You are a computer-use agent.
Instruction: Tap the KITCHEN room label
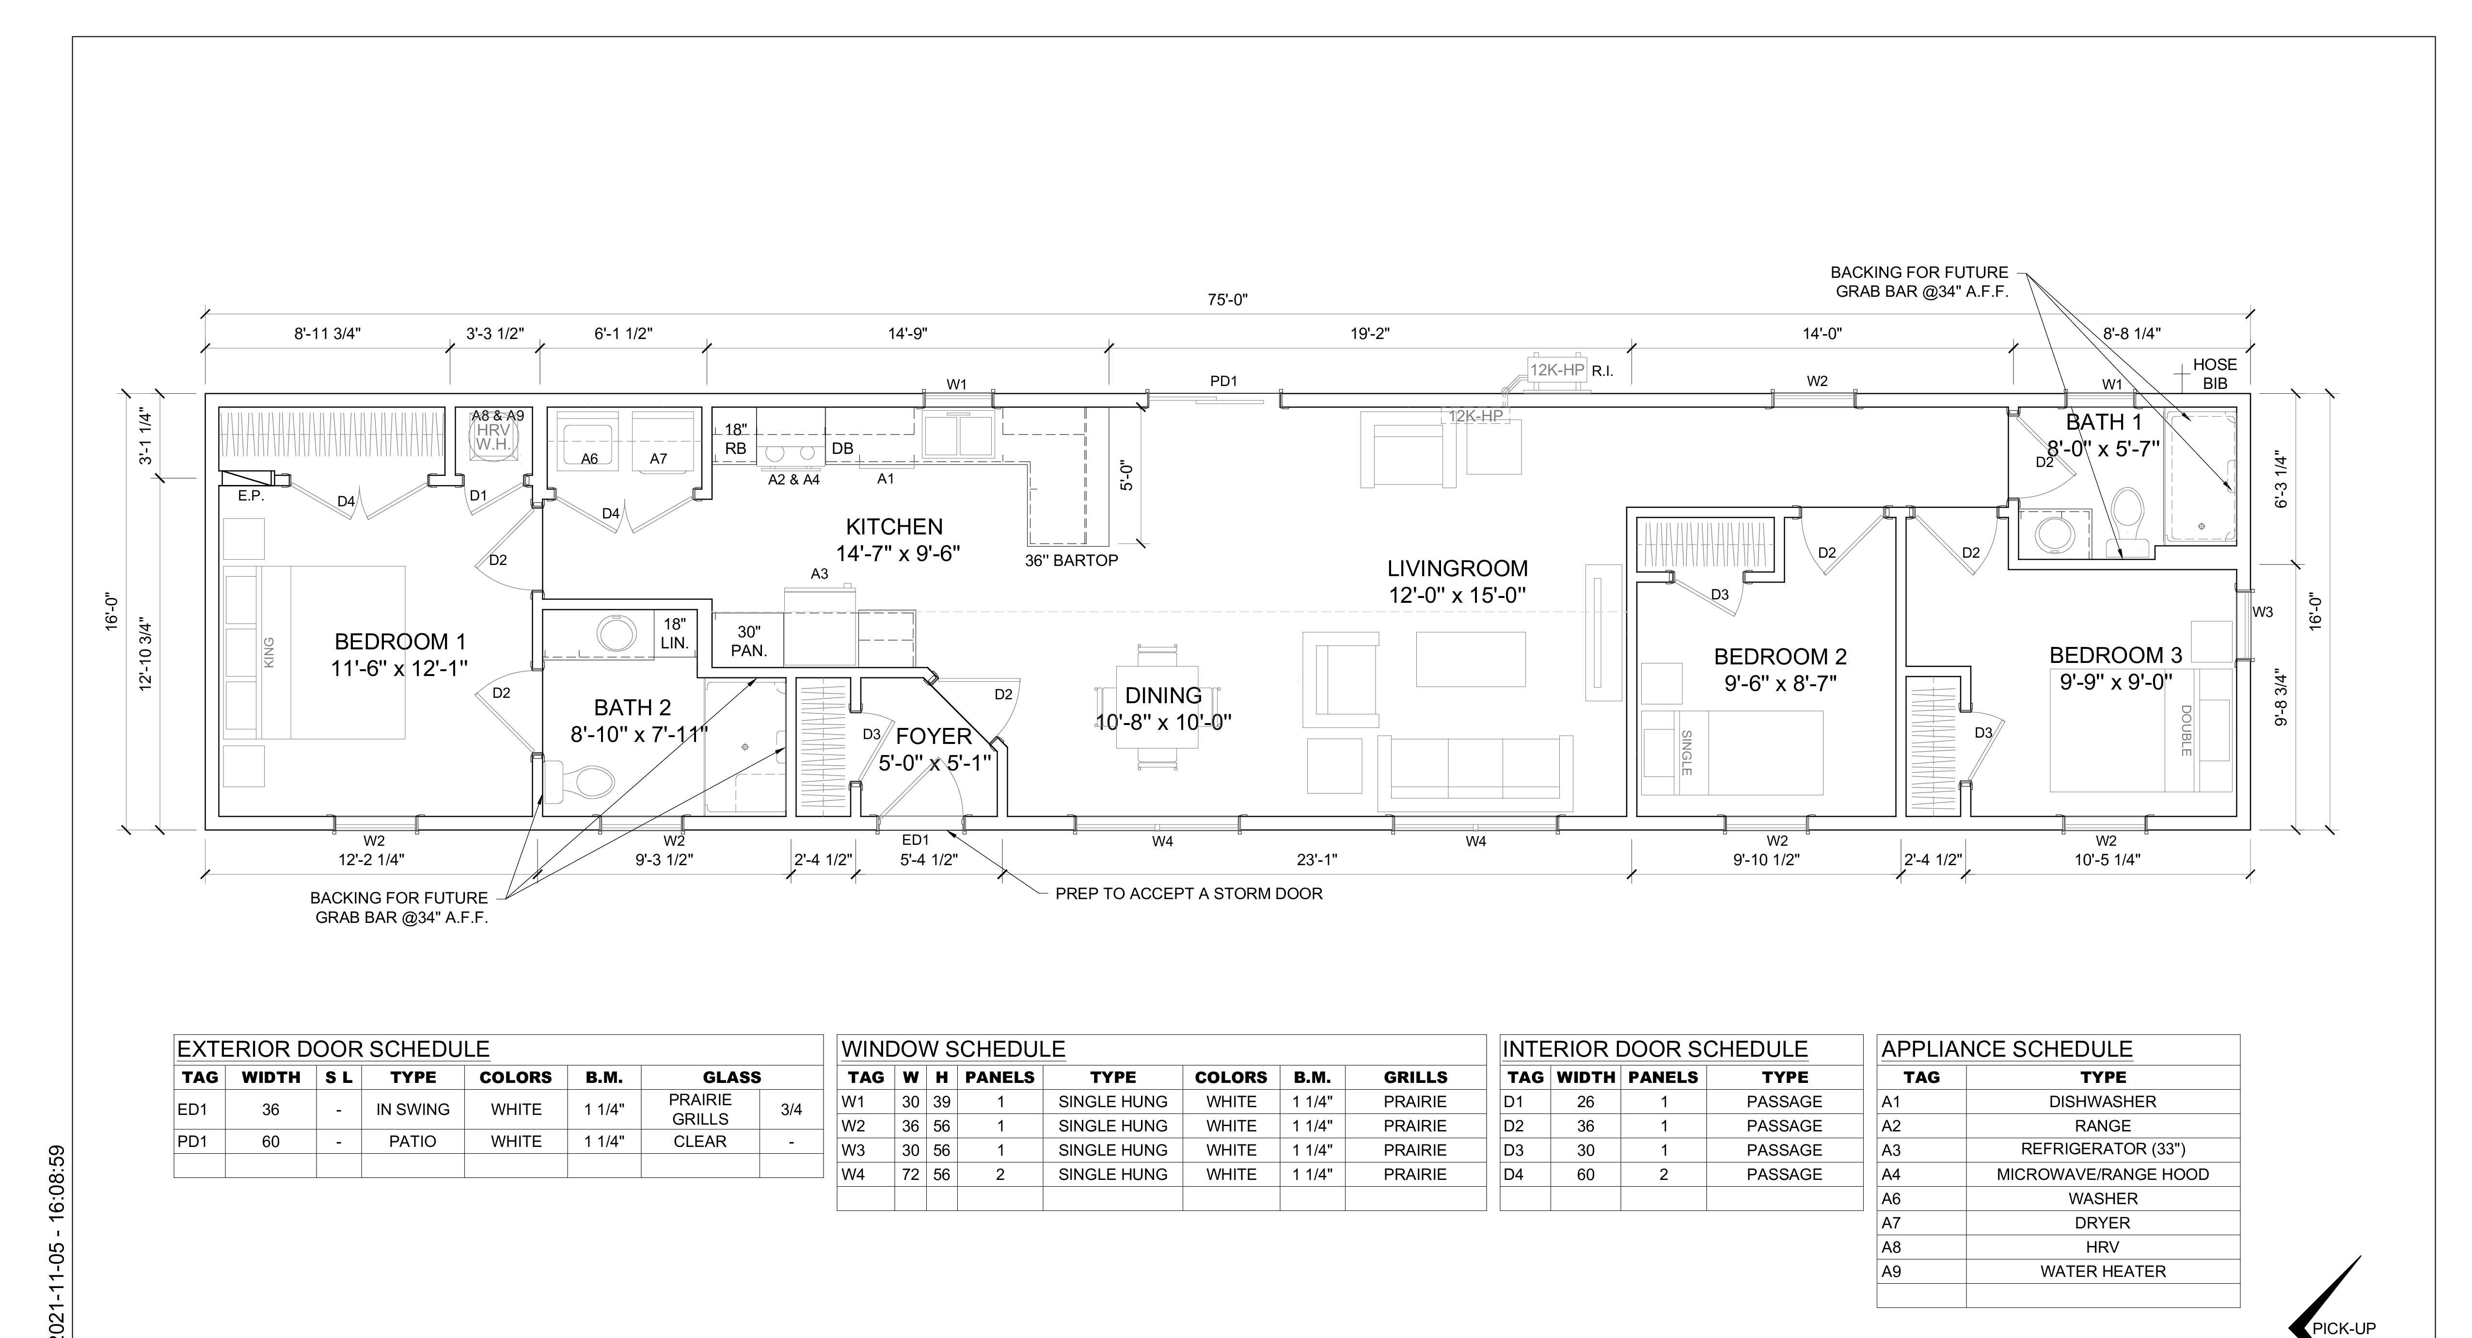click(x=894, y=527)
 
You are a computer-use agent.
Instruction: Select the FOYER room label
click(x=934, y=736)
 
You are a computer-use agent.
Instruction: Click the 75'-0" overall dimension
click(x=1227, y=300)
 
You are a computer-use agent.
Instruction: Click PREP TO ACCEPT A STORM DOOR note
click(x=1189, y=894)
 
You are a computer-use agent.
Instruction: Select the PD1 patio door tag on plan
click(x=1223, y=381)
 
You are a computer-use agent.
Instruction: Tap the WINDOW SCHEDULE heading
click(x=953, y=1049)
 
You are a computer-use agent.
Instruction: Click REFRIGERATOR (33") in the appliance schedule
click(x=2103, y=1149)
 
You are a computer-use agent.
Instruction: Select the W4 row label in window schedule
click(x=854, y=1174)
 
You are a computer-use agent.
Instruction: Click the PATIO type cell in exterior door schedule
click(x=412, y=1141)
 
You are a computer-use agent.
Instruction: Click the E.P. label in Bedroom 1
click(x=251, y=496)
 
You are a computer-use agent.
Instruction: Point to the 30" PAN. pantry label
click(x=748, y=641)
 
